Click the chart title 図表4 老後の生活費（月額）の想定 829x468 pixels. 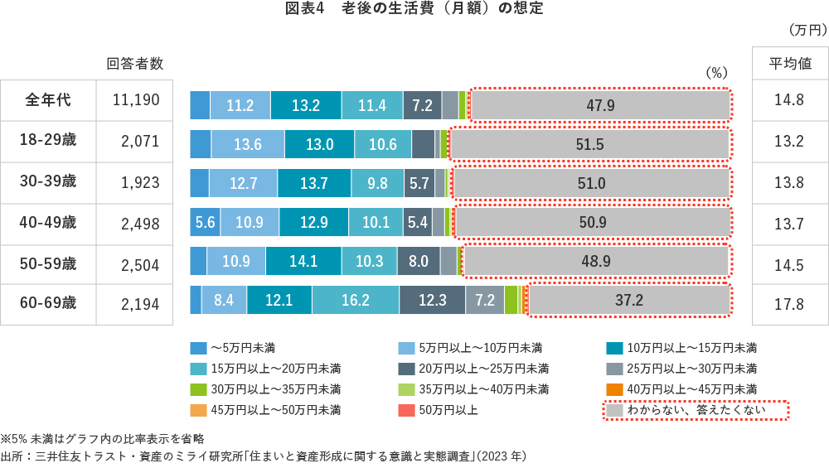[414, 9]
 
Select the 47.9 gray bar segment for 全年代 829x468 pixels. [600, 105]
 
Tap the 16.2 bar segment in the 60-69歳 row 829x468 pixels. [355, 300]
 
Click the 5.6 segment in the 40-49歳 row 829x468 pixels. [205, 222]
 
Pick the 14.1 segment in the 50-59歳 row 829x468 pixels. [303, 261]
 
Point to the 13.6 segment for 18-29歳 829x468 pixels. [247, 144]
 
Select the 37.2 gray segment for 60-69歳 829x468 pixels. [628, 300]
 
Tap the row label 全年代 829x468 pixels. [48, 100]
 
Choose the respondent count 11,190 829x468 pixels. [135, 101]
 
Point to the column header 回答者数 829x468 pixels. [135, 64]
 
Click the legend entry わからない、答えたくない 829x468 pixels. [695, 409]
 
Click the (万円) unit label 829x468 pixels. [806, 30]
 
